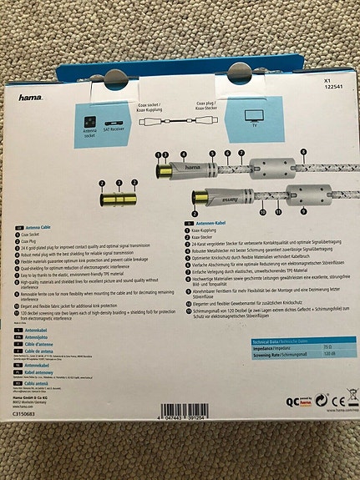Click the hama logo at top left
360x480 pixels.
[x=31, y=98]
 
